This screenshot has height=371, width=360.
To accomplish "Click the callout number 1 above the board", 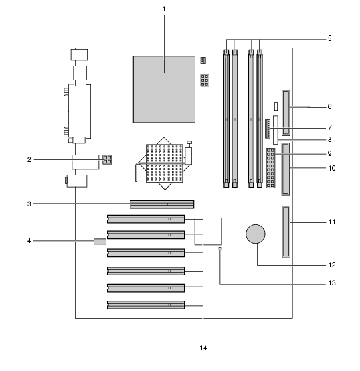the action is (164, 9).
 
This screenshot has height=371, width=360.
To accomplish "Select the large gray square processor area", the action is (164, 89).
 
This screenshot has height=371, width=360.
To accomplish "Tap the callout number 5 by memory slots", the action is (329, 38).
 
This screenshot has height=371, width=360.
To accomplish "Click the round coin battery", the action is (256, 234).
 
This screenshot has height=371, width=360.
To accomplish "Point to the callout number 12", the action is (332, 265).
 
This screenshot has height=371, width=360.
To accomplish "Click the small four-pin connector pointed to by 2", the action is (107, 159).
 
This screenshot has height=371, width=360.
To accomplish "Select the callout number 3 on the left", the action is (29, 204).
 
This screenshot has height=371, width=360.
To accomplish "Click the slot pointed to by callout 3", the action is (162, 204).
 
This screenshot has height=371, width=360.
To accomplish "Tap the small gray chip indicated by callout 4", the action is (100, 242).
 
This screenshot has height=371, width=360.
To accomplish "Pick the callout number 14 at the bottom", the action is (203, 348).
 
